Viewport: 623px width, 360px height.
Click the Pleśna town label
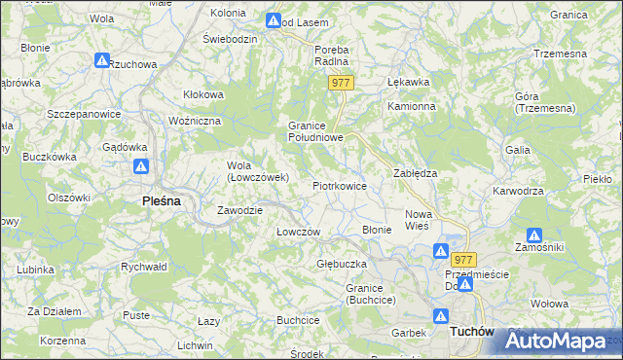tap(153, 201)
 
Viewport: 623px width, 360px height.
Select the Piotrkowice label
tap(339, 185)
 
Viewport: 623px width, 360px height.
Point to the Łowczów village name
tap(299, 232)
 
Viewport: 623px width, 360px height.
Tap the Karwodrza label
tap(518, 191)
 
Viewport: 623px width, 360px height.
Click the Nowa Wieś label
tap(418, 219)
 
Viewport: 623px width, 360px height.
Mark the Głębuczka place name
tap(341, 264)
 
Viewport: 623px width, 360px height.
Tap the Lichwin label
tap(196, 345)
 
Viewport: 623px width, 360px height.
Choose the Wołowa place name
tap(550, 304)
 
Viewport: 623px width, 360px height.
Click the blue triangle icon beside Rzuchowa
tap(102, 60)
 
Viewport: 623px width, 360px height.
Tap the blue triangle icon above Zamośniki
tap(533, 234)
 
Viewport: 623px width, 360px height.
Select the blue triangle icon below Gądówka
tap(141, 166)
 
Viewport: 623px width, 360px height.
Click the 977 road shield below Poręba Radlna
tap(340, 84)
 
